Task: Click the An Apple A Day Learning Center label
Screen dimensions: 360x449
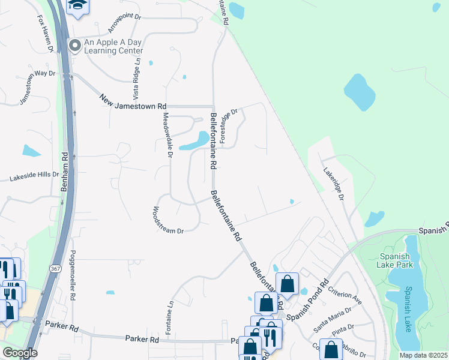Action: click(x=113, y=46)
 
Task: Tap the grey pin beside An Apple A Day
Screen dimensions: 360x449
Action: click(x=75, y=46)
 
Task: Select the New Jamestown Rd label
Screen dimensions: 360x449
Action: click(x=133, y=101)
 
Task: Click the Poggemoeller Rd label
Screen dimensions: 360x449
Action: click(x=73, y=275)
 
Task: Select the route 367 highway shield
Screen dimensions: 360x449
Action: click(x=55, y=268)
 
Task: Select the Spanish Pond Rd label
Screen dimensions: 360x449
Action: click(x=307, y=299)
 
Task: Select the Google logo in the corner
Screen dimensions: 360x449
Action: click(x=20, y=353)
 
